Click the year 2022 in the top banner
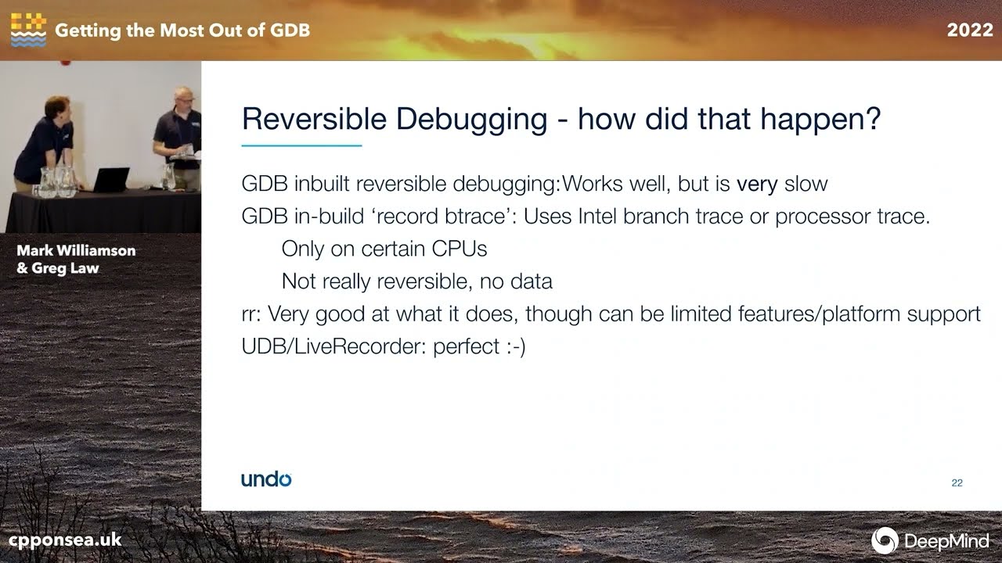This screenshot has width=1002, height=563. point(970,30)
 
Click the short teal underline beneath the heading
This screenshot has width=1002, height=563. point(301,145)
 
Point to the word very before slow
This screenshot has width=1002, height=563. point(757,185)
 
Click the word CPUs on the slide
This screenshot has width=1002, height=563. point(460,249)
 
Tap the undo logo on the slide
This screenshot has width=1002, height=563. point(266,479)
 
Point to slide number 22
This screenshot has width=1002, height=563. point(957,483)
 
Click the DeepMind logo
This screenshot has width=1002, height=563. point(931,540)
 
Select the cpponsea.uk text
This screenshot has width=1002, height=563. point(65,540)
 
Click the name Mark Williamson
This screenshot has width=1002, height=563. point(76,251)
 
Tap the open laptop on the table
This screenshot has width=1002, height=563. point(110,180)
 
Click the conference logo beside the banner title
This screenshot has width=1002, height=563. point(28,30)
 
